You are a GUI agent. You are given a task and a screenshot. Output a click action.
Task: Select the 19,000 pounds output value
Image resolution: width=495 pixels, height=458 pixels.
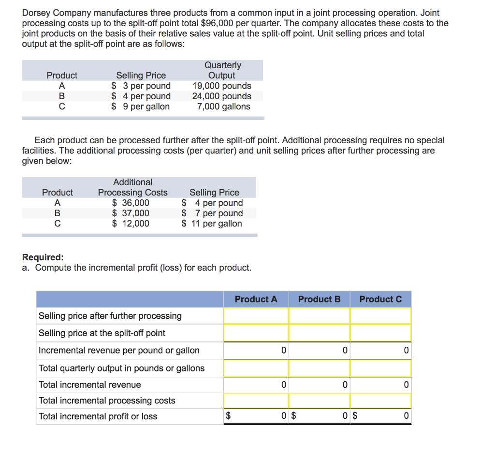pos(221,86)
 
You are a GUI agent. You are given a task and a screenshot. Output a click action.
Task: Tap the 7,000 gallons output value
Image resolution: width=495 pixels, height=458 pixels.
pos(223,106)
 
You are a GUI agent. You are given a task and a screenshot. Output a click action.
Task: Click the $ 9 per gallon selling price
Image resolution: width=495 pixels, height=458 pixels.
pos(141,106)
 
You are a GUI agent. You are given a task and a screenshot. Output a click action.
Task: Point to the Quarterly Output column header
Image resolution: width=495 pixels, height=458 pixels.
pos(222,70)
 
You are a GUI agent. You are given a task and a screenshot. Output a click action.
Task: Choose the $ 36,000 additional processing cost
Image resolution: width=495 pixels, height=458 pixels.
pos(131,203)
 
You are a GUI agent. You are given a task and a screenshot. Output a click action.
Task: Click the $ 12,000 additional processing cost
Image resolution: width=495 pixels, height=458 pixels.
pos(131,223)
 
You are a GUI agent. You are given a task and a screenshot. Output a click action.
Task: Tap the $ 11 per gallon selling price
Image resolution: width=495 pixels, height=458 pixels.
pos(212,223)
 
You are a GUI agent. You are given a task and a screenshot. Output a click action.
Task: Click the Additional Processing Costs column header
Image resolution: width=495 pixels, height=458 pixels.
pos(132,187)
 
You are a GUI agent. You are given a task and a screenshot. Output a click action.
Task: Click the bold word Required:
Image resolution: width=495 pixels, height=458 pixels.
pos(43,257)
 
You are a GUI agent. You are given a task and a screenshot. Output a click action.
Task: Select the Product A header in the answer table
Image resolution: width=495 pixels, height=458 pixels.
pos(256,299)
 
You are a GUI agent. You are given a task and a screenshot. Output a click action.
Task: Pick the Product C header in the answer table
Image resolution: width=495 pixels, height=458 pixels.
pos(380,299)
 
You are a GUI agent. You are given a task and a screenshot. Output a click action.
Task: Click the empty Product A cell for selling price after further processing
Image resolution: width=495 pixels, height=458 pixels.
pos(256,316)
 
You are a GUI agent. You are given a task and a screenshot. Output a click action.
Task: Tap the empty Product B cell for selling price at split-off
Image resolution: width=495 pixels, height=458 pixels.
pos(319,333)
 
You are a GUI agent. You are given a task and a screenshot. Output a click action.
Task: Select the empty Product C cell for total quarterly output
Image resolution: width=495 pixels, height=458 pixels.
pos(380,368)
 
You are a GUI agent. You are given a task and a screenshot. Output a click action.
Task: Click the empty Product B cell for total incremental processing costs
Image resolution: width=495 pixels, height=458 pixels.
pos(319,400)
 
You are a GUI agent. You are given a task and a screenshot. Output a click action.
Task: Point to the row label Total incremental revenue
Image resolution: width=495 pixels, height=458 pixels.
pos(89,385)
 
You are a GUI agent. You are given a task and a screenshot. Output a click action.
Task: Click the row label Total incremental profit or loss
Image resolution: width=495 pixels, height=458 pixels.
pos(98,416)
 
